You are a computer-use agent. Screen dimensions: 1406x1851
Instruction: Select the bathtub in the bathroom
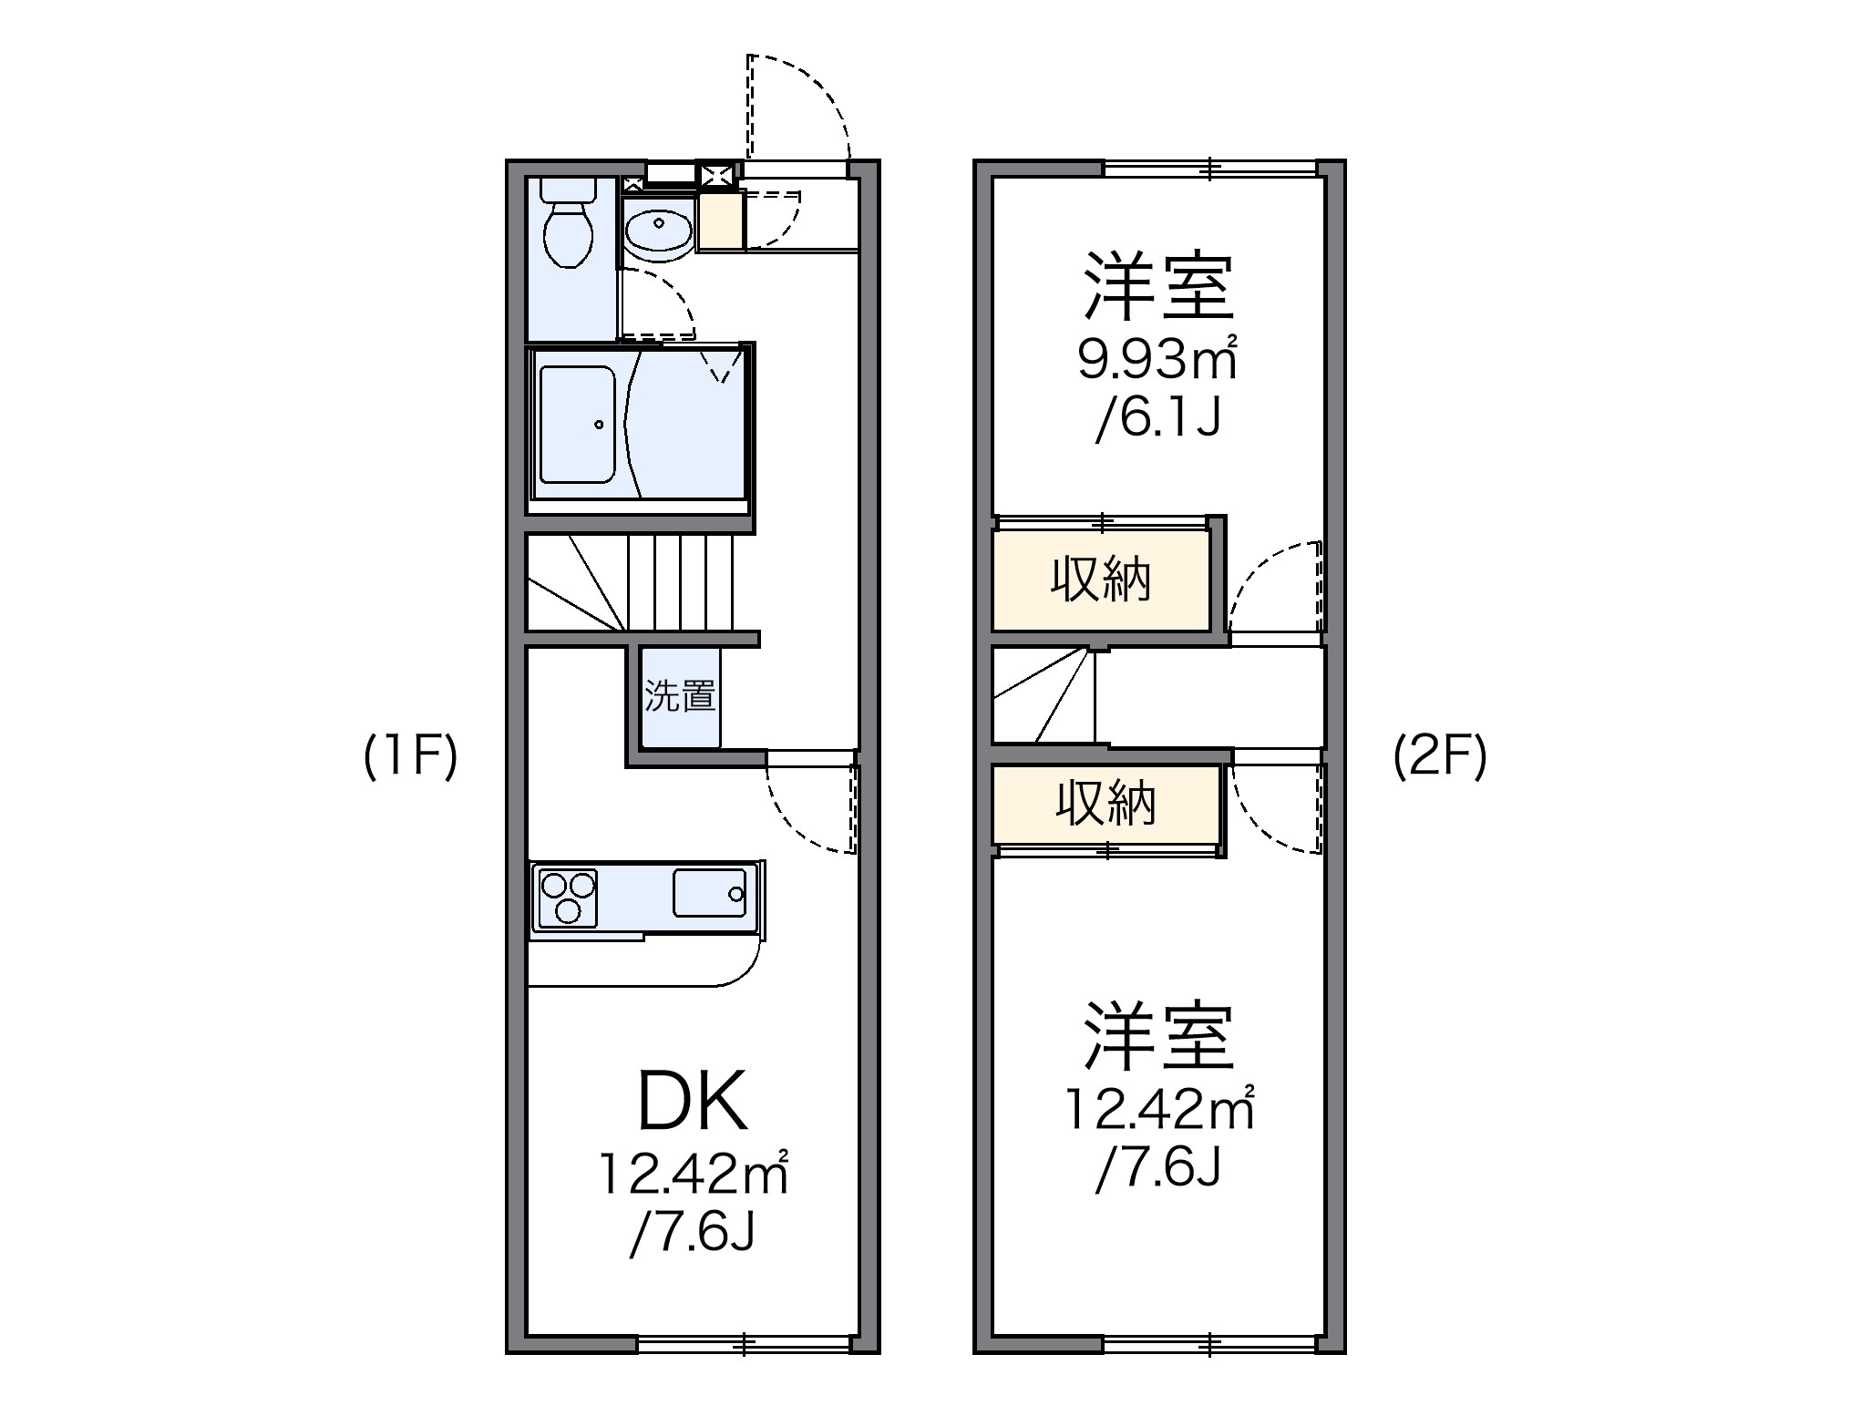[577, 424]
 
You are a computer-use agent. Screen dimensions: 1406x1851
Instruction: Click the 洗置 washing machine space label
[680, 696]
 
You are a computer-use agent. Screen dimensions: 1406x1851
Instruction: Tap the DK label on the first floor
[693, 1102]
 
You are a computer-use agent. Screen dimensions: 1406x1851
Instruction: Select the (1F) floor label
[410, 757]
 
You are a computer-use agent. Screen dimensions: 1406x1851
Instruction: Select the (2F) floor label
[1440, 757]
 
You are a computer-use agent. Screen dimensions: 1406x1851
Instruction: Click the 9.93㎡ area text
[1157, 361]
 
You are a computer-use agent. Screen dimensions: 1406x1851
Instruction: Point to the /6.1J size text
[1157, 420]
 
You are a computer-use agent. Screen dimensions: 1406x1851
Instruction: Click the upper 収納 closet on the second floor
[1101, 580]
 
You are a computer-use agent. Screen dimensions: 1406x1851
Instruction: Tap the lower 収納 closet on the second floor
[1105, 805]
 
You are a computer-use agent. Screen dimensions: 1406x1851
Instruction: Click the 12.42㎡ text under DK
[693, 1175]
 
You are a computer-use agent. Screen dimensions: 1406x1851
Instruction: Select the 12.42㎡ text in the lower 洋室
[1159, 1110]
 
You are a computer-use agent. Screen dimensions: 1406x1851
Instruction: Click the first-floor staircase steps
[679, 583]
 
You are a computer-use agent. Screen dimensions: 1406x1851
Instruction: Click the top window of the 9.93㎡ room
[1210, 168]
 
